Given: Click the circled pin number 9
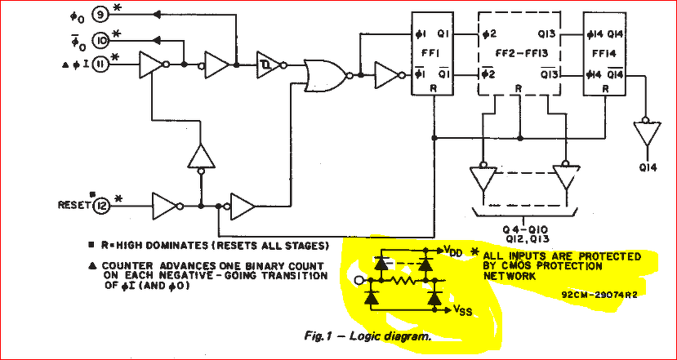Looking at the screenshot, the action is [x=100, y=16].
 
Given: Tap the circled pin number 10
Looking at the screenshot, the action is [x=101, y=40].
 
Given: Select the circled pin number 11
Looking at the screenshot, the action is [x=101, y=64].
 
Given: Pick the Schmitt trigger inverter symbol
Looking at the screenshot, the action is [x=269, y=65].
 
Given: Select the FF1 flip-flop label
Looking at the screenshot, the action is [x=432, y=55].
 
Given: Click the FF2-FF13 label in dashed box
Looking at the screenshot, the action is [x=519, y=54].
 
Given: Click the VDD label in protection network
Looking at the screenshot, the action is [x=453, y=251].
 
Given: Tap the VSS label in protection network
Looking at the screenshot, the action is [x=462, y=310].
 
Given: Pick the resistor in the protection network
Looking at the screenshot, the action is [x=402, y=281].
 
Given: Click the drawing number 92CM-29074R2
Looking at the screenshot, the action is [x=599, y=296].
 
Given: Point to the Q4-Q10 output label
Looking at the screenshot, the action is [x=522, y=229].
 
